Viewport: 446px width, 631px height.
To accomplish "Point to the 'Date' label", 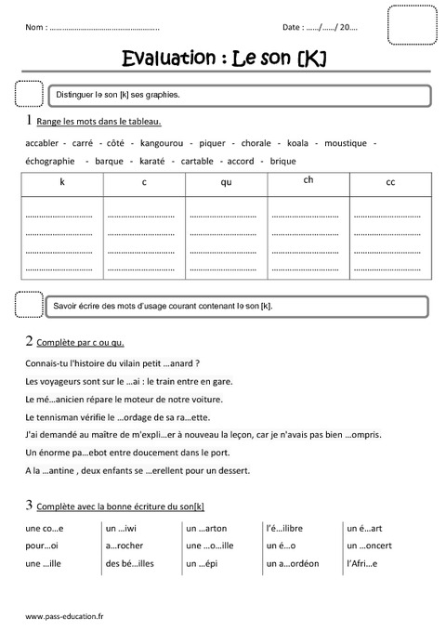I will [292, 28].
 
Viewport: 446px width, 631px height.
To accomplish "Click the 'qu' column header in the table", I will [226, 182].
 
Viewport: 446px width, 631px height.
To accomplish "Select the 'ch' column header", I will [308, 180].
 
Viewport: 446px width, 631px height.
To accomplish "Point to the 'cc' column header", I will [390, 182].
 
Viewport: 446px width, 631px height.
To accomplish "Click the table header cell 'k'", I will [62, 182].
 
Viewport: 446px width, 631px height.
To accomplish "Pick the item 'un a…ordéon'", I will [293, 563].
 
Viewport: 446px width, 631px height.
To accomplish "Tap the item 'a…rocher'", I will [128, 546].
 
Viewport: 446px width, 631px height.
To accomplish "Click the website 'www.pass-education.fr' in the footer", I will [65, 615].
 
